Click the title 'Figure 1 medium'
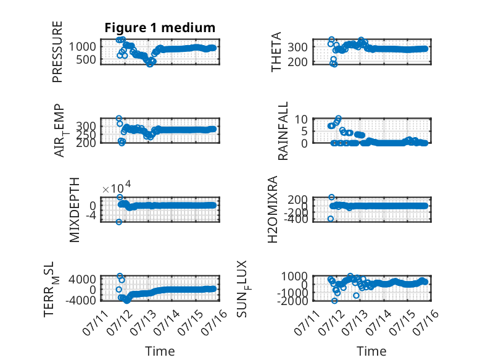160,28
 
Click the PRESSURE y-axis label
57,52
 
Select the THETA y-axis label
276,52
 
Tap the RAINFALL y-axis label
283,131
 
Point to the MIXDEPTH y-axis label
75,210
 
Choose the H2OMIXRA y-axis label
273,209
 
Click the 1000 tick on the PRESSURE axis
82,47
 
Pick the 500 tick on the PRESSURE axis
86,60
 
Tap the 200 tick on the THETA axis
297,62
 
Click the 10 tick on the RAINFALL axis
301,119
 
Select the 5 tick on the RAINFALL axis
304,131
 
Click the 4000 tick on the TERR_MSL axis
82,279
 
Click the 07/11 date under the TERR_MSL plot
96,323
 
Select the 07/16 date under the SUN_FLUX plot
426,323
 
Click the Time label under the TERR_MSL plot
160,351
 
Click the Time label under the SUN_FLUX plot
371,351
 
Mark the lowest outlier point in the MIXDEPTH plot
119,222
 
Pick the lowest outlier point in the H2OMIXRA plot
331,219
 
